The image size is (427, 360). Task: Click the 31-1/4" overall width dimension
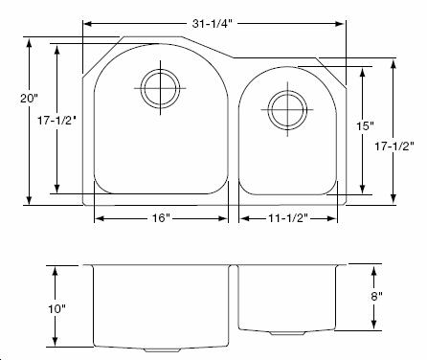(211, 24)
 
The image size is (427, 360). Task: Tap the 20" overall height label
(29, 99)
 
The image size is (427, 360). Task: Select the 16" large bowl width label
(161, 218)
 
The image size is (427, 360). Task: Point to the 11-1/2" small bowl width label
(287, 218)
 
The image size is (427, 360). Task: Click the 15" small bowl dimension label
(365, 126)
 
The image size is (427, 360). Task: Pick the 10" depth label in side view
(56, 308)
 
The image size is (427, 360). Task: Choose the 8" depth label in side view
(376, 297)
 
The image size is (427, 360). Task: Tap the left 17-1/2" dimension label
(56, 121)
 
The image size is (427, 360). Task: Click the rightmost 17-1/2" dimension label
(394, 146)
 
